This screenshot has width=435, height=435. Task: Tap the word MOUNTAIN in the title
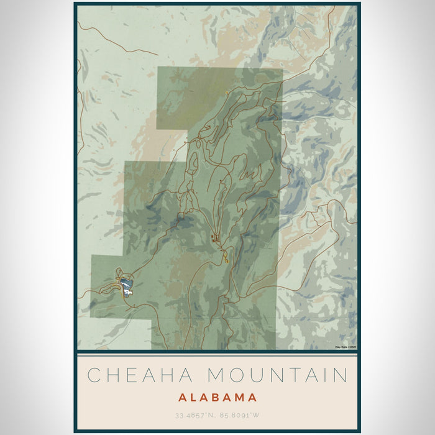coord(277,375)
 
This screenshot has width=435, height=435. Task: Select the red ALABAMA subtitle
coord(217,397)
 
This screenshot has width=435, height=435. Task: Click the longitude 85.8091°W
coord(241,414)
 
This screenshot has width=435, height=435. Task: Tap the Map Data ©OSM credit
coord(346,347)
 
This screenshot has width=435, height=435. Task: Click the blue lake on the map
coord(127,286)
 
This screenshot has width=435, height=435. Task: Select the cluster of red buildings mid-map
coord(216,237)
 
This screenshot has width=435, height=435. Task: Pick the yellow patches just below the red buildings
coord(226,255)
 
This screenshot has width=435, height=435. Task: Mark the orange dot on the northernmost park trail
coord(227,93)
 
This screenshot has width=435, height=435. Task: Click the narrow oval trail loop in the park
coord(195,163)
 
